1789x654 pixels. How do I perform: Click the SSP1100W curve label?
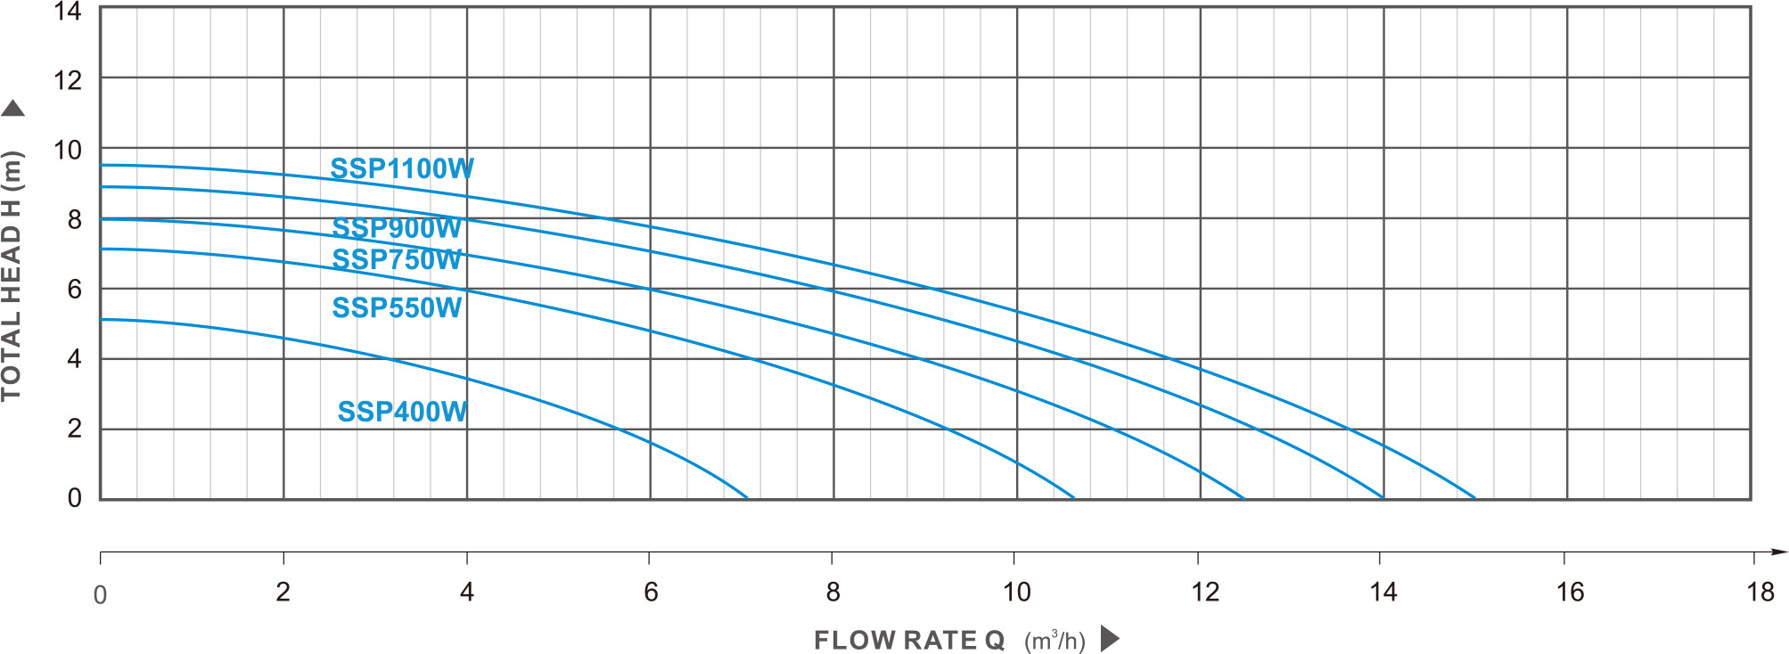[x=402, y=168]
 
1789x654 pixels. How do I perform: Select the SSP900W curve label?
[x=397, y=228]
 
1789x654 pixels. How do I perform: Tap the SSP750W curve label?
[x=397, y=259]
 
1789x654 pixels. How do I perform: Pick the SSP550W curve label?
[x=397, y=307]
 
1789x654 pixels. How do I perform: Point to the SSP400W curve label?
[x=402, y=412]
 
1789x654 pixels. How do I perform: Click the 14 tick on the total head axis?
[x=68, y=12]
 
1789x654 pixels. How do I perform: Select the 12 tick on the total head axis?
[x=68, y=81]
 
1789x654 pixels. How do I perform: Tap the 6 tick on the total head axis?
[x=75, y=290]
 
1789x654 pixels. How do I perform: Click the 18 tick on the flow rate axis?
[x=1760, y=592]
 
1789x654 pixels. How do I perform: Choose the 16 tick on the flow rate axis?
[x=1570, y=592]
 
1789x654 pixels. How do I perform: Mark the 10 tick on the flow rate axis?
[x=1016, y=592]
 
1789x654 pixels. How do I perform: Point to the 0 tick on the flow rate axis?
[x=101, y=594]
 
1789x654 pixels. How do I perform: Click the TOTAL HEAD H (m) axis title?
[x=12, y=276]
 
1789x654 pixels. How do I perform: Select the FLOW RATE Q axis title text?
[x=909, y=641]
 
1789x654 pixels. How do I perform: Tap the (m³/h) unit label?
[x=1055, y=641]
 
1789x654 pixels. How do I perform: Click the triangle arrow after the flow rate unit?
[x=1109, y=639]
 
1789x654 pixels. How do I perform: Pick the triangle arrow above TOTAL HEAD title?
[x=12, y=109]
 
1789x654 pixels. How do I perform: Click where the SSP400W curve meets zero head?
[x=747, y=498]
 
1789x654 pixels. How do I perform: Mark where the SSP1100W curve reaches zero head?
[x=1475, y=498]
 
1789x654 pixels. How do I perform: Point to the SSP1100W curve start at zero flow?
[x=102, y=165]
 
